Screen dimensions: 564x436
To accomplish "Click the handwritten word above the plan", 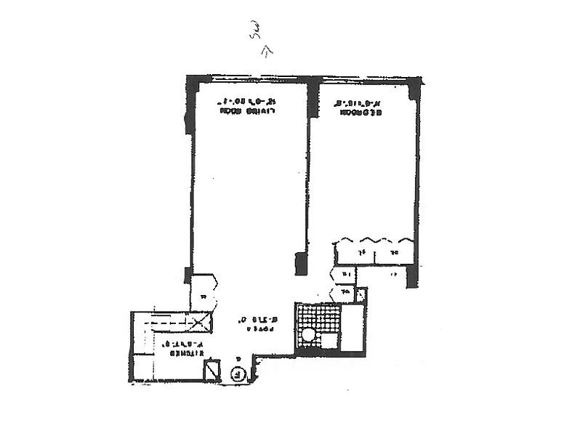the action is tap(255, 31).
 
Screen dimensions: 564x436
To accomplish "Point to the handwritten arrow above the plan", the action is tap(267, 50).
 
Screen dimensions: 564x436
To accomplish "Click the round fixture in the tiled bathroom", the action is tap(309, 335).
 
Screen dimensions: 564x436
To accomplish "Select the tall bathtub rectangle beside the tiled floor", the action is tap(352, 328).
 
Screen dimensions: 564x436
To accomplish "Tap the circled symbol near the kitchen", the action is tap(238, 375).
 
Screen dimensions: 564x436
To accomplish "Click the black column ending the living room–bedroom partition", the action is tap(301, 263).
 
